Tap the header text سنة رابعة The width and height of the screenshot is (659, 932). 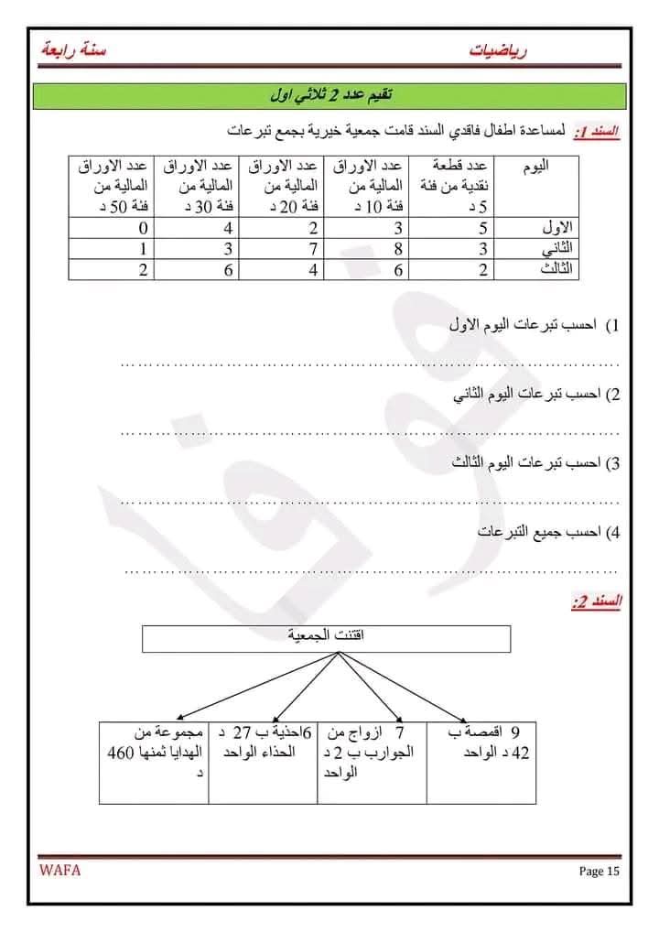coord(73,50)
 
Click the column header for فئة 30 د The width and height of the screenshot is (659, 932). coord(197,187)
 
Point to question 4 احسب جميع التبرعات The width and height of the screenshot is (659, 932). coord(548,532)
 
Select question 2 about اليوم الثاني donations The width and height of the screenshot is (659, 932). coord(536,395)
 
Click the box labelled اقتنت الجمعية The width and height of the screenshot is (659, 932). coord(326,638)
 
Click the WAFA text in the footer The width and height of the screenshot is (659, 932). coord(59,870)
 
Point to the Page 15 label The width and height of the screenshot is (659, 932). coord(600,871)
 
